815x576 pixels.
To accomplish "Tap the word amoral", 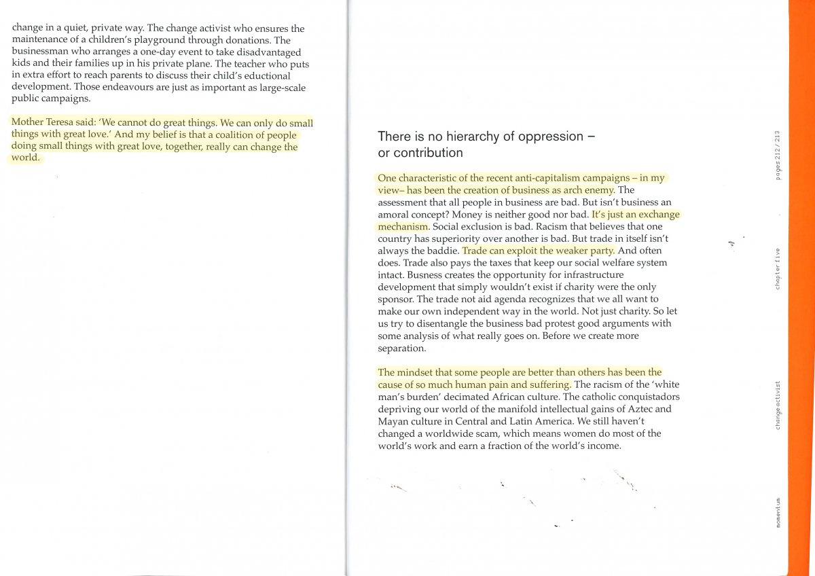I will pyautogui.click(x=395, y=214).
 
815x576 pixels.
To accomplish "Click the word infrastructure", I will pyautogui.click(x=587, y=274).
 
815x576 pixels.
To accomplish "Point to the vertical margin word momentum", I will pyautogui.click(x=777, y=511).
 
